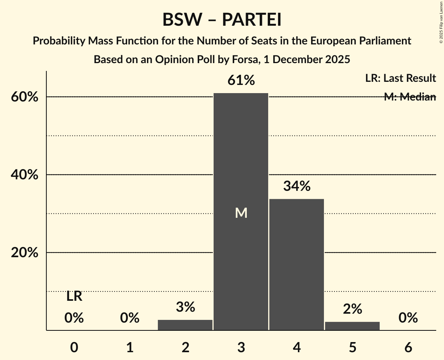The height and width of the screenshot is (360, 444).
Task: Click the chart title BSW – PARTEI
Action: click(x=222, y=19)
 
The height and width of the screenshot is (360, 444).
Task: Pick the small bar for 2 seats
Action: click(x=185, y=325)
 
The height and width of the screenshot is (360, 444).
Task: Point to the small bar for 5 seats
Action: click(x=352, y=326)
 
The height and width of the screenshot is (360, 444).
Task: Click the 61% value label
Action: click(x=241, y=81)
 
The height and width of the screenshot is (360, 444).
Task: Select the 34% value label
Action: click(x=297, y=186)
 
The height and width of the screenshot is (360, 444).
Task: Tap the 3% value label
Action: click(x=185, y=307)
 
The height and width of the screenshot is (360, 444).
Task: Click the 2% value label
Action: click(x=352, y=309)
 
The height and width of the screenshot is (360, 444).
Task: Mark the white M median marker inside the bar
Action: click(x=241, y=213)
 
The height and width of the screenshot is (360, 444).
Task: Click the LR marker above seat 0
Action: click(x=74, y=296)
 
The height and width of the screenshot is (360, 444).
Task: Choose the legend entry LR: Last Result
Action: click(x=400, y=78)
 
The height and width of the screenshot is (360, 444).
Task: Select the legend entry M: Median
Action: click(x=410, y=97)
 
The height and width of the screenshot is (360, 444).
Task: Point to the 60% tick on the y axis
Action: click(x=24, y=97)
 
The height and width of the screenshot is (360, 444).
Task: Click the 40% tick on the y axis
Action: click(x=24, y=175)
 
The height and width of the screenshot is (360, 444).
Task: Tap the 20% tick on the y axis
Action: click(x=24, y=253)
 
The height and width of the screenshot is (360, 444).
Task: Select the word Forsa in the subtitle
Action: click(x=242, y=60)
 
